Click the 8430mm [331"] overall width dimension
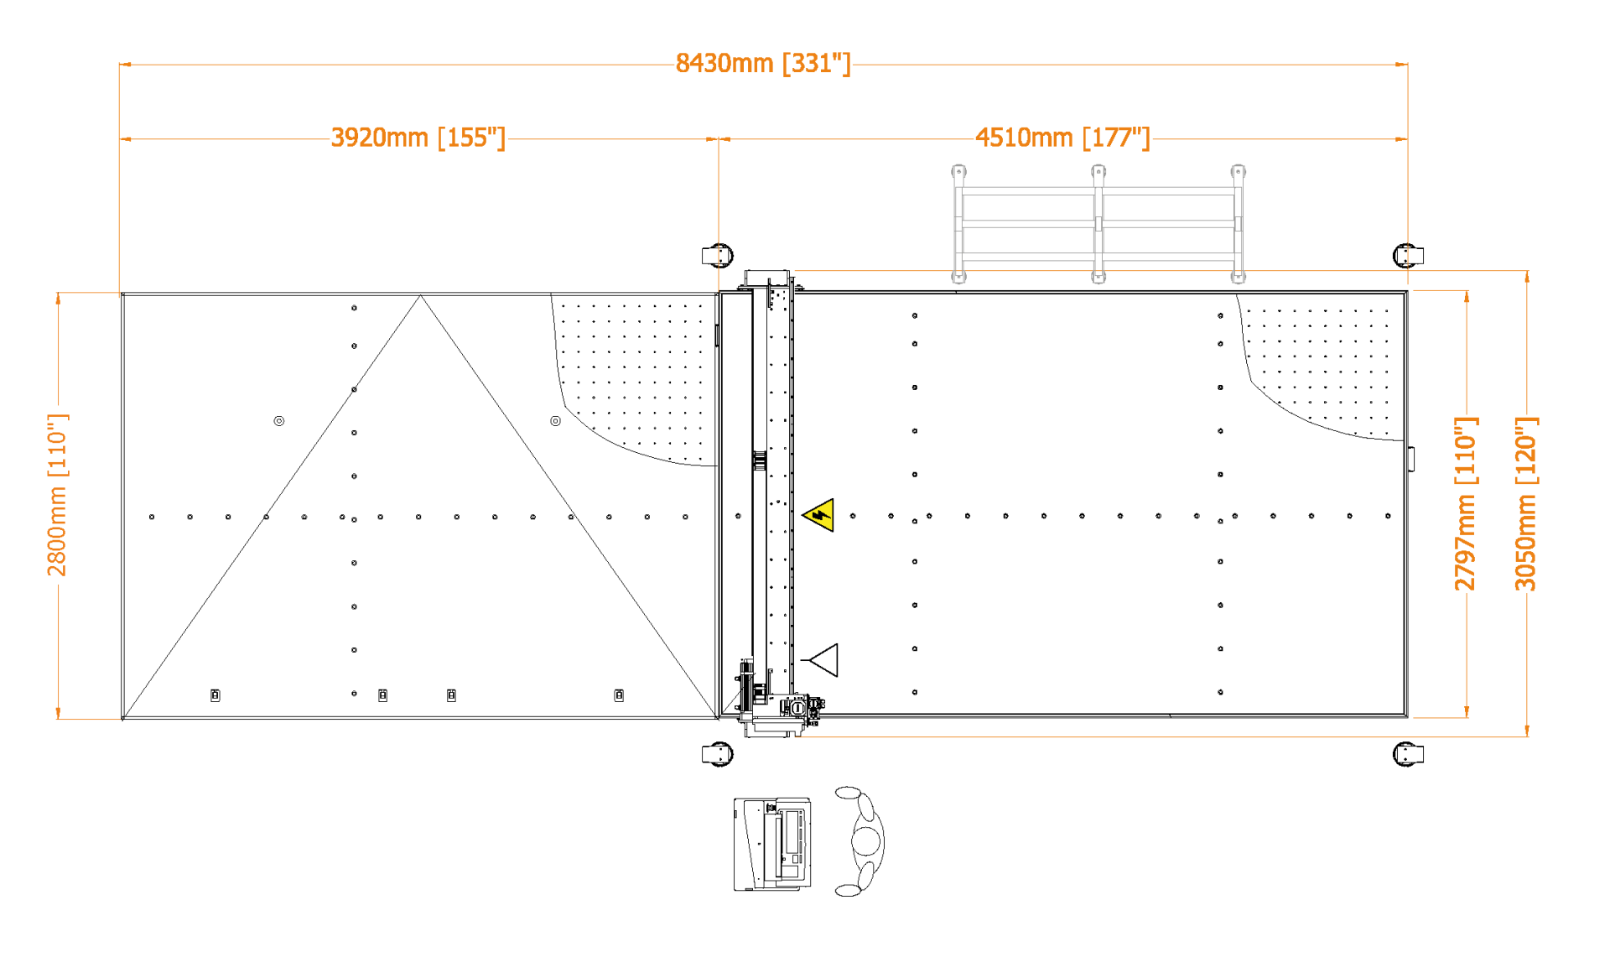tap(762, 64)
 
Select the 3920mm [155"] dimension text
tap(418, 138)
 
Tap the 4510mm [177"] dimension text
tap(1062, 138)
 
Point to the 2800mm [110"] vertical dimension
tap(58, 495)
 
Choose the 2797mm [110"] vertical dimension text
tap(1466, 503)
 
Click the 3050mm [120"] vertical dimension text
tap(1526, 503)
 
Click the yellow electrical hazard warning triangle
tap(820, 515)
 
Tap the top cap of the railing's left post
tap(958, 172)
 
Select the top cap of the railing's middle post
tap(1098, 172)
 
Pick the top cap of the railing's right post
tap(1239, 172)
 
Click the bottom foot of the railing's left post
tap(958, 277)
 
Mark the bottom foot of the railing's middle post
tap(1098, 277)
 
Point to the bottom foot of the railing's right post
tap(1239, 277)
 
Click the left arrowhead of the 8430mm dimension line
tap(125, 64)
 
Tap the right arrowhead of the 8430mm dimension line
tap(1402, 64)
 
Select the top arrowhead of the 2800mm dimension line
tap(58, 298)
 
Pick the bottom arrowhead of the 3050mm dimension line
tap(1527, 731)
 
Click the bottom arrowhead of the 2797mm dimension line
tap(1467, 712)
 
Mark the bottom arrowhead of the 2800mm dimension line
tap(58, 714)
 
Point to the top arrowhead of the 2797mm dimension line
tap(1467, 296)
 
